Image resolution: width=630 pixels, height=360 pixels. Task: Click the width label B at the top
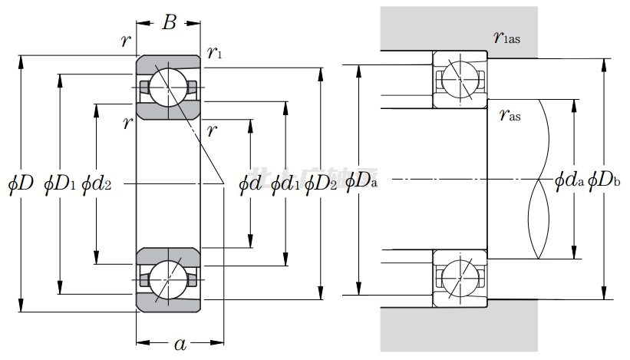click(x=170, y=22)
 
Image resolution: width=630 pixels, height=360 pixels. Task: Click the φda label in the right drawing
click(x=569, y=181)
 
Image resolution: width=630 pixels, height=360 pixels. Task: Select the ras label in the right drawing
click(x=509, y=116)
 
